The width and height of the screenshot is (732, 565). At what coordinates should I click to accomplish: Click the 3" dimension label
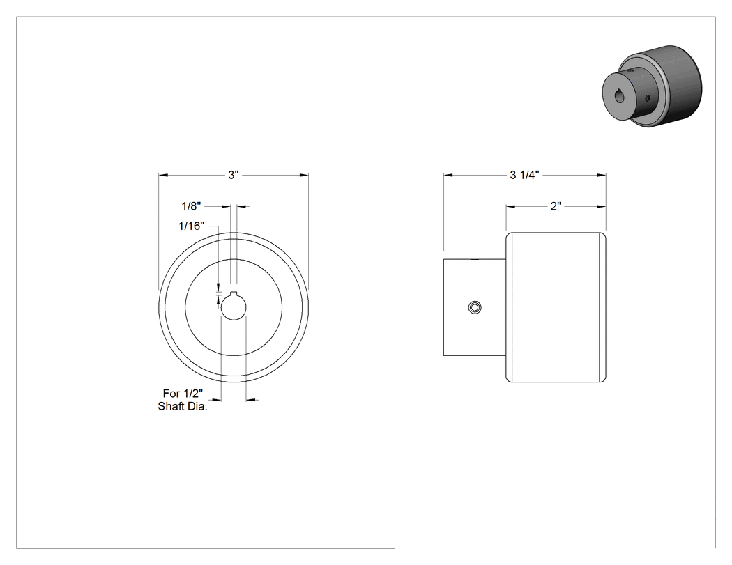[234, 175]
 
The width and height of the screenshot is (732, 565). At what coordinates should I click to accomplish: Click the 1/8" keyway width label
[191, 206]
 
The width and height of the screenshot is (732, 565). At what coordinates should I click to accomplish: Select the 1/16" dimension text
[192, 226]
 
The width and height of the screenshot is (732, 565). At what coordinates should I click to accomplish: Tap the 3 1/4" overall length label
[524, 175]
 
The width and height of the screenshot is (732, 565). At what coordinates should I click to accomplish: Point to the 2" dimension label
[556, 206]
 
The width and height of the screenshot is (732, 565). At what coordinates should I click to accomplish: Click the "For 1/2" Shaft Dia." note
[183, 400]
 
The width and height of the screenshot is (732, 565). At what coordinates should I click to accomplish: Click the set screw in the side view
[475, 307]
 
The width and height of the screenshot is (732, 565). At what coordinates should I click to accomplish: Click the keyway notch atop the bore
[234, 293]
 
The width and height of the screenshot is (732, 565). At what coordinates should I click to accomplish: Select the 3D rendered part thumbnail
[652, 86]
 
